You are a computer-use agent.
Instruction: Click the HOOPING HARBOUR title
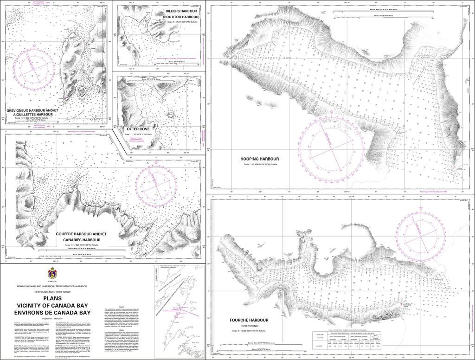(x=259, y=159)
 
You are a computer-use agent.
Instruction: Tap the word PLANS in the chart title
(x=51, y=298)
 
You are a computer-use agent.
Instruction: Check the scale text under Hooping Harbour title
(x=259, y=165)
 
